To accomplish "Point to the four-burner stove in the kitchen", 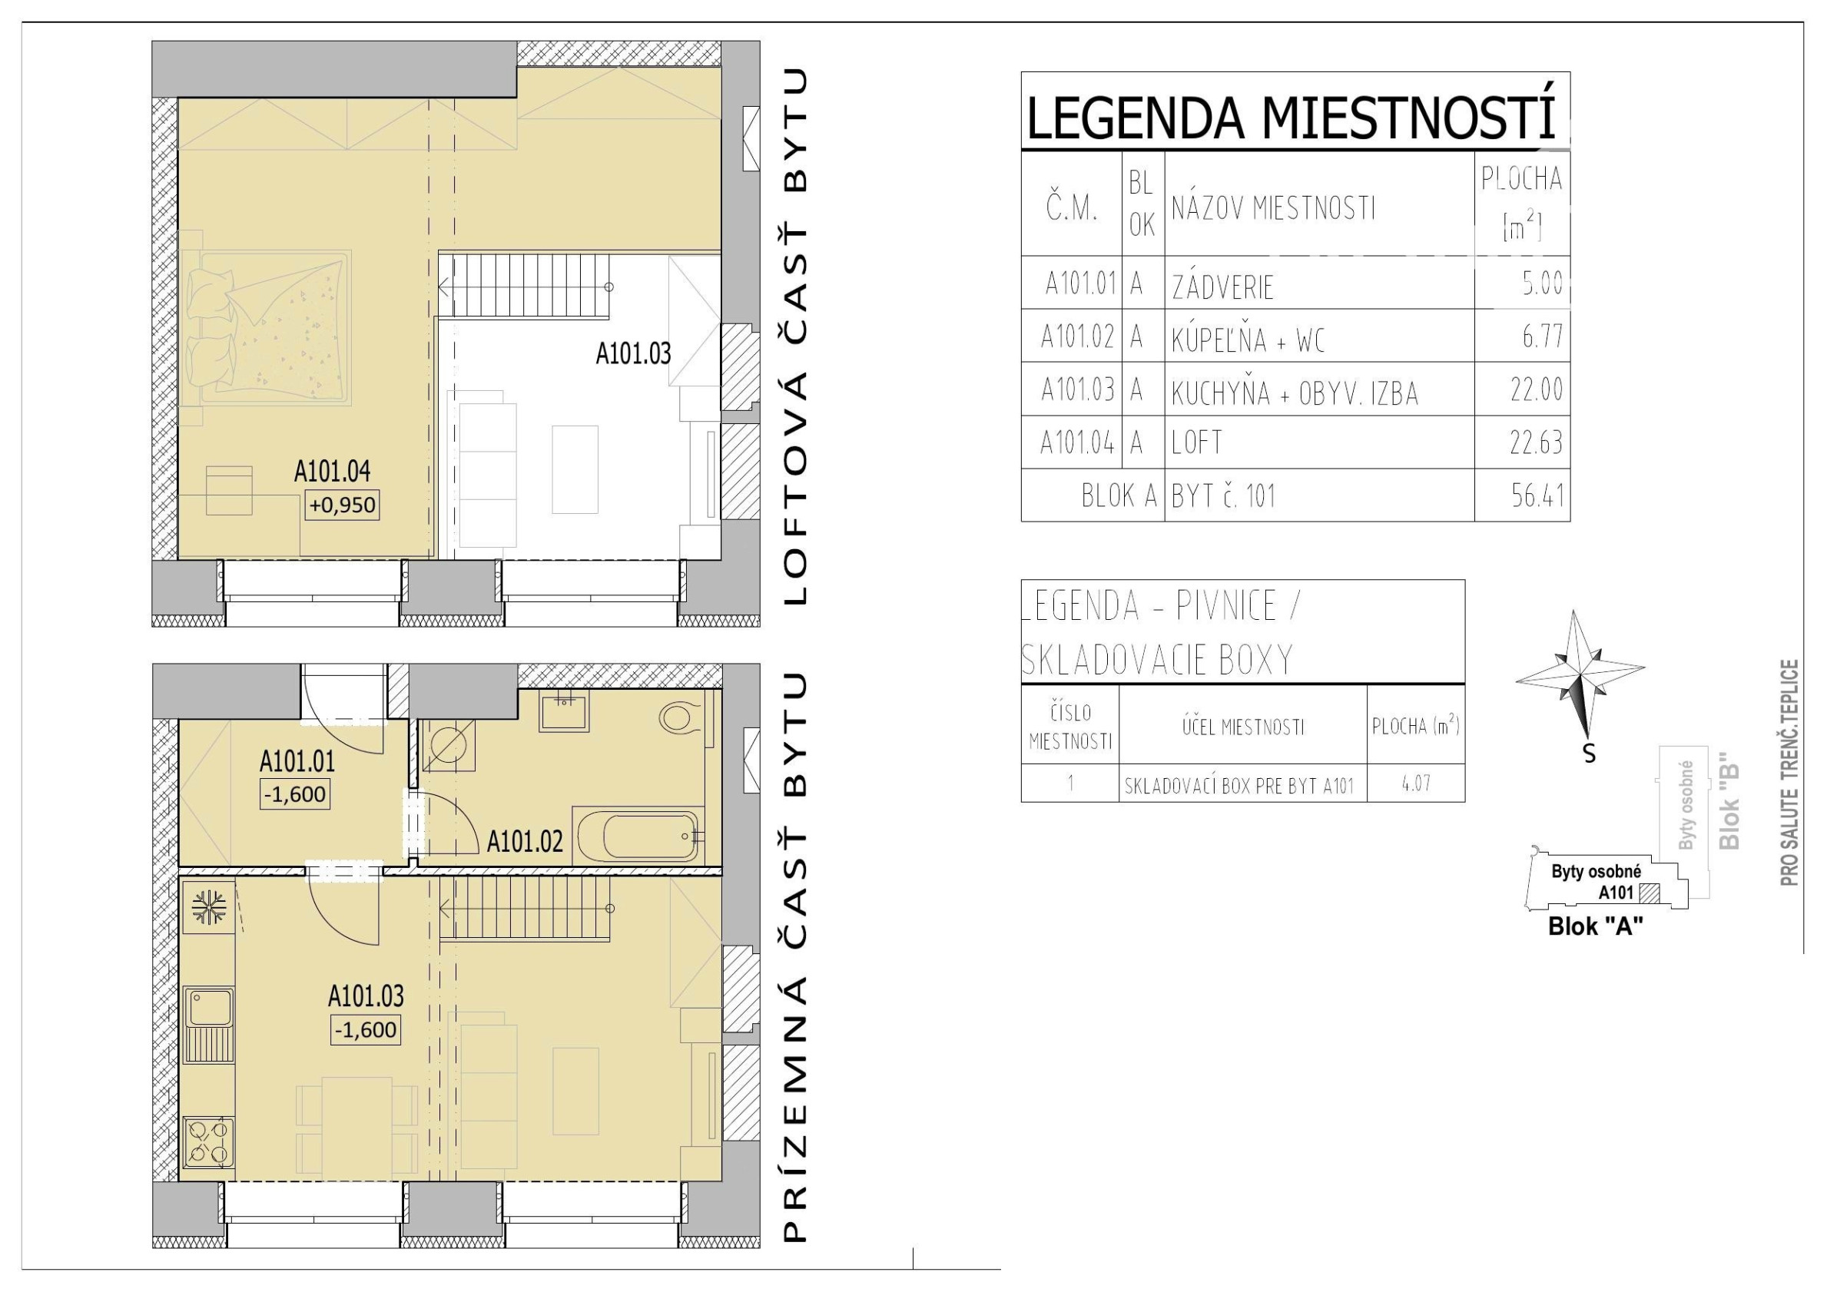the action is coord(208,1141).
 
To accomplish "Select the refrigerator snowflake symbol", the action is coord(209,907).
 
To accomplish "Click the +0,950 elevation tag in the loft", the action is coord(342,505).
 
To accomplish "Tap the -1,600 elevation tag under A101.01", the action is coord(294,794).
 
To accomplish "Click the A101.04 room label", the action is coord(333,472).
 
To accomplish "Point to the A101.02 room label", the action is coord(526,841).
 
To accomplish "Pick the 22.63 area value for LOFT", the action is coord(1536,442).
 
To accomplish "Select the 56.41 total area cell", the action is coord(1537,495).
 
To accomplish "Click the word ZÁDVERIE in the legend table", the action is coord(1222,287).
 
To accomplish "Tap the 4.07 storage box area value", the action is coord(1417,783).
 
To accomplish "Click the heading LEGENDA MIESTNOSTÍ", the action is coord(1291,118).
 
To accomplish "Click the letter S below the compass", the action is coord(1589,753).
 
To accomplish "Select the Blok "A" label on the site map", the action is coord(1596,927).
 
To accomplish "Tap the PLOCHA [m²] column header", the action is coord(1521,203).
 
